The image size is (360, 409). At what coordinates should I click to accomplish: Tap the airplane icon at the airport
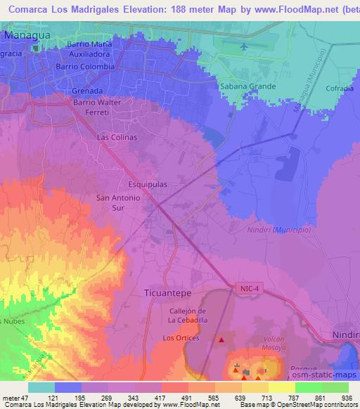(244, 46)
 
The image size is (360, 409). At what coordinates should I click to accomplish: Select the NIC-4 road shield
(243, 287)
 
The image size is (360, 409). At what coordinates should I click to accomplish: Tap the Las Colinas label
(117, 138)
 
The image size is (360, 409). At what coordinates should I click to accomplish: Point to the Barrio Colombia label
(86, 67)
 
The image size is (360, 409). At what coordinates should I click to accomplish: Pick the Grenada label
(87, 91)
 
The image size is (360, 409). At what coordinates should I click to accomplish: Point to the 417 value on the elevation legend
(160, 398)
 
